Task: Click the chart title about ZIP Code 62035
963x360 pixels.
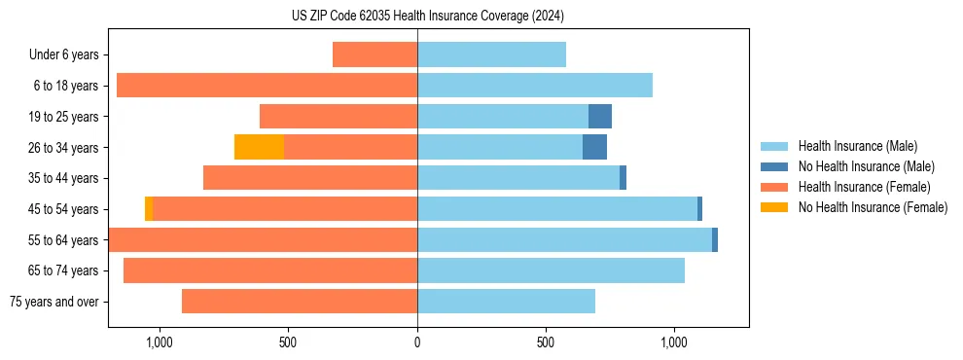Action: [x=427, y=16]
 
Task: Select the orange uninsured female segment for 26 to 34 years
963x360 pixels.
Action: [x=259, y=147]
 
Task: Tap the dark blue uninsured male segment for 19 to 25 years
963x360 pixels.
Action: [x=600, y=117]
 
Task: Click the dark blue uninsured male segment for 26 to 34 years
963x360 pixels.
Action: [x=594, y=147]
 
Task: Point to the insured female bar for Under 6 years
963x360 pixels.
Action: [x=374, y=54]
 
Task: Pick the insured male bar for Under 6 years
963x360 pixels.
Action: [x=491, y=54]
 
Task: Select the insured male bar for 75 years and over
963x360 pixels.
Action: [x=506, y=302]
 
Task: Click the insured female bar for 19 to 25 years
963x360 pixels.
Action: [x=339, y=117]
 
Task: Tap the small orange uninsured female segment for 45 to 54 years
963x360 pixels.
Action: [x=149, y=209]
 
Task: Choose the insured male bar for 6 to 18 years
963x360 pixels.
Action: [x=534, y=86]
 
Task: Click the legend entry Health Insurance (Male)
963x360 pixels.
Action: [x=857, y=146]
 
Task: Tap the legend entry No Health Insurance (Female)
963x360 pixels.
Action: [x=873, y=207]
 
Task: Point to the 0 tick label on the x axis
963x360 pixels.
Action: [x=417, y=342]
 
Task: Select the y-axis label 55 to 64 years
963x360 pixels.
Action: [x=64, y=240]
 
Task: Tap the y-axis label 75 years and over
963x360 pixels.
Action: [x=54, y=302]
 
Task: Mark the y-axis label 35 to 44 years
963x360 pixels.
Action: [x=64, y=178]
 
